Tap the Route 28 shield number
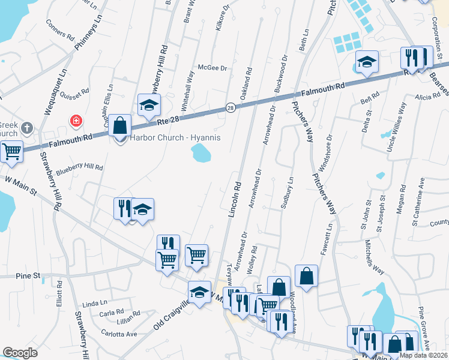point(230,107)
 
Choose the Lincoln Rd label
point(235,200)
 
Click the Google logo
point(20,353)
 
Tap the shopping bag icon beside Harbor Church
point(120,127)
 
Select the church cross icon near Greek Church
point(26,128)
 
